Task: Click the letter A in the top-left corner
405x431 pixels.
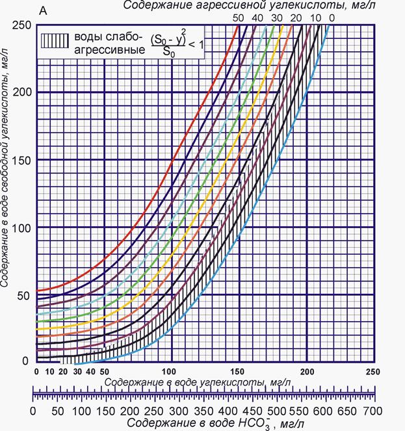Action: (x=43, y=11)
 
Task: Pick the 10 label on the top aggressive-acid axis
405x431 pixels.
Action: (x=316, y=17)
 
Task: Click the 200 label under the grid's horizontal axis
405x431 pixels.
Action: (x=305, y=371)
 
